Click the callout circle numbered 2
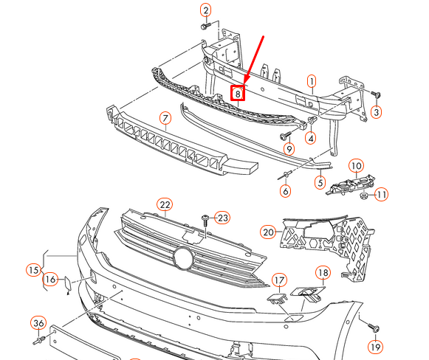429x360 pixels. click(205, 10)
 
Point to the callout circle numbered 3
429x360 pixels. click(376, 112)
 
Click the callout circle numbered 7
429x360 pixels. click(165, 118)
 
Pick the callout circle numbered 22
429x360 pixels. click(164, 204)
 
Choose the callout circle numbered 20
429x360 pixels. click(267, 232)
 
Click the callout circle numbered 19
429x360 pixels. click(376, 347)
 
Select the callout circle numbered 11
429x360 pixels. click(381, 195)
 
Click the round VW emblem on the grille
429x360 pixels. click(182, 258)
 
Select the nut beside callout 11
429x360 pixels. click(363, 196)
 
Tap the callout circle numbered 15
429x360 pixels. click(32, 269)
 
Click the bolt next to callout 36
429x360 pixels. click(41, 341)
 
